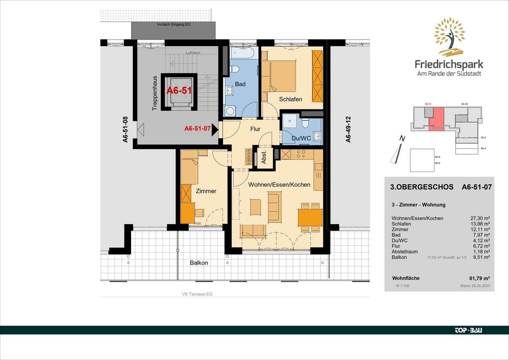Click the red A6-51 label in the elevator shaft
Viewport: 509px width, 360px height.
pos(179,91)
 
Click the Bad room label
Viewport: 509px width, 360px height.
pos(240,84)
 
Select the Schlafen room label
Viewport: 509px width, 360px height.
pos(290,99)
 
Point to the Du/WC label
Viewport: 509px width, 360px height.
pos(301,138)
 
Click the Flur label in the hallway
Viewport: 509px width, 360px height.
pos(255,129)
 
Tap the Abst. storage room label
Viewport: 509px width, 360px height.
pos(264,157)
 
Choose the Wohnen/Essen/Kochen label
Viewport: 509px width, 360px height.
pos(279,185)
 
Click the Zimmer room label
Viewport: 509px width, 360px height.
pos(206,191)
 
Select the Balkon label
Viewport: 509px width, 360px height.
pos(199,263)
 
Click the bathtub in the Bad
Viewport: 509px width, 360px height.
pos(242,53)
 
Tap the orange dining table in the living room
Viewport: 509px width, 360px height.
pos(310,217)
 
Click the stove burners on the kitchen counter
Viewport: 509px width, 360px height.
pos(301,154)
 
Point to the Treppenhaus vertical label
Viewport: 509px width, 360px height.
pos(154,93)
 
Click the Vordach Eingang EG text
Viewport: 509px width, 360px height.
pos(174,24)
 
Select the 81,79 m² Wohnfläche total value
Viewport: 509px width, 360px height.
pos(479,278)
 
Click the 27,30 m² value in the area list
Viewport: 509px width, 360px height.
pos(479,218)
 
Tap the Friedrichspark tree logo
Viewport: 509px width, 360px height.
pos(449,37)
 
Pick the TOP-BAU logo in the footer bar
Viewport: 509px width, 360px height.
pos(468,330)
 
